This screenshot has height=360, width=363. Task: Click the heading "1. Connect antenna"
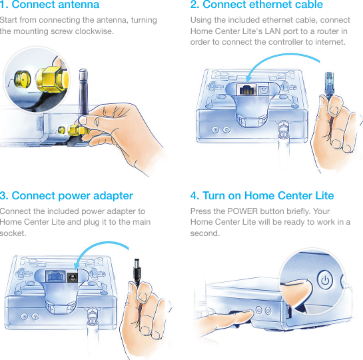click(49, 5)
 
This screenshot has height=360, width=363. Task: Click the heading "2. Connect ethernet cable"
click(256, 5)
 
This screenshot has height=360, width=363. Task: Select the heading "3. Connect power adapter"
click(67, 196)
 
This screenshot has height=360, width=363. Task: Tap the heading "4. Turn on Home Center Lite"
click(262, 196)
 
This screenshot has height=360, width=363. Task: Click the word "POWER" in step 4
click(242, 211)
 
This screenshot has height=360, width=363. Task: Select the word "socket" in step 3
click(13, 233)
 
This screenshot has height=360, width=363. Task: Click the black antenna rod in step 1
click(83, 92)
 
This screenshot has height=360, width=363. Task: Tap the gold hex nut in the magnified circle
click(53, 79)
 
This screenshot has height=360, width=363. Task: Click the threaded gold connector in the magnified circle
click(22, 79)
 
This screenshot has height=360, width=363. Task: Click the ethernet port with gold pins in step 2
click(247, 89)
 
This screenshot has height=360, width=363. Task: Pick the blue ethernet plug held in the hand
click(329, 85)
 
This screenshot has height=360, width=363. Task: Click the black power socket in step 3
click(72, 277)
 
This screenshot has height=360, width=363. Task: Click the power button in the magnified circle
click(325, 280)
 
